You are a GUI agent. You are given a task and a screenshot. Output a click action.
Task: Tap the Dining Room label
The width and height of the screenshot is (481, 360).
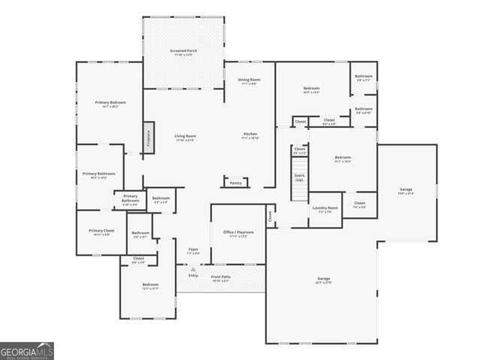click(x=249, y=80)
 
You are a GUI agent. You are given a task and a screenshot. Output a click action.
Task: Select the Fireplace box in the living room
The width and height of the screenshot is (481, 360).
click(x=148, y=140)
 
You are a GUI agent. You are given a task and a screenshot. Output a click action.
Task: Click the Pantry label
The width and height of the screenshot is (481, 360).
click(x=235, y=182)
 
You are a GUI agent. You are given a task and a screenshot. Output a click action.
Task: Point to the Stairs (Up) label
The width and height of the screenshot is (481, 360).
click(x=299, y=177)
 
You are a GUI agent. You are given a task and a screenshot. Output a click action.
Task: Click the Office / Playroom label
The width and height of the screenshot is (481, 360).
click(x=238, y=234)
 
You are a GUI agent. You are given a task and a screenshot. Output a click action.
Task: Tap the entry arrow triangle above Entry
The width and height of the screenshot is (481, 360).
click(x=192, y=268)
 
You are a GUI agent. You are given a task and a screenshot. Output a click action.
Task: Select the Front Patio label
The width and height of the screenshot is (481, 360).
click(x=220, y=277)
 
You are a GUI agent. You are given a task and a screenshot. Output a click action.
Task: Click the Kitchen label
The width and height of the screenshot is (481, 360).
click(x=250, y=136)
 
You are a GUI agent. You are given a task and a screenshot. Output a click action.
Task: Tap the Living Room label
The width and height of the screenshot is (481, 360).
click(x=185, y=138)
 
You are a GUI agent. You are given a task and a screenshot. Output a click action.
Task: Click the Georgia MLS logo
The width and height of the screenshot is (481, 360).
click(x=27, y=351)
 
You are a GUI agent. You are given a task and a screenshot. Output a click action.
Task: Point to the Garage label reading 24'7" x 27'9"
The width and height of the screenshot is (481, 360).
click(x=323, y=280)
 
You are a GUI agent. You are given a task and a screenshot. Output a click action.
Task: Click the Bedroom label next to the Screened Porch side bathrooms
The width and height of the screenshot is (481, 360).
click(x=311, y=90)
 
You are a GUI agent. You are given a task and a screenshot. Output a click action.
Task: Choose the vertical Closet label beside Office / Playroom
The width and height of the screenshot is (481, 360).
click(x=270, y=216)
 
